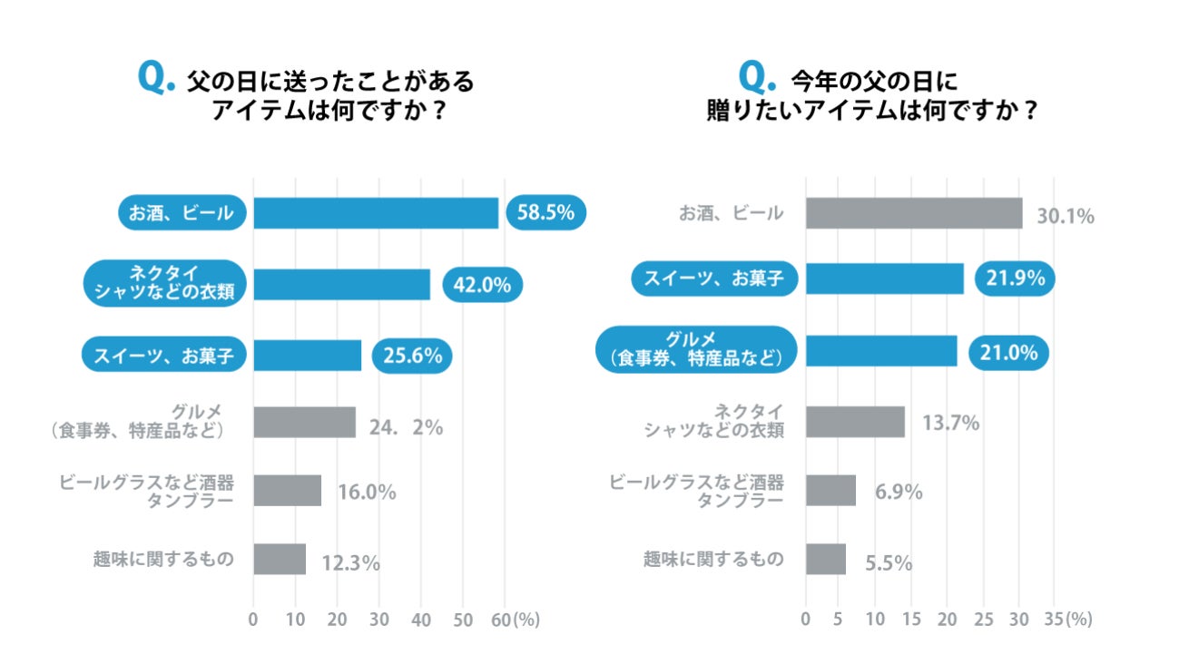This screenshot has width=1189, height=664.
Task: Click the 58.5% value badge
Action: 545,213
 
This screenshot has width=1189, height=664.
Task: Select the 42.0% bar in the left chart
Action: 341,284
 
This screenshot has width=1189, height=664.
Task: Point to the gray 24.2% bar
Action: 304,422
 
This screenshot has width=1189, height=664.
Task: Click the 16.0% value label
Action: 367,493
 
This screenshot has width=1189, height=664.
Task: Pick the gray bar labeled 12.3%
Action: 280,559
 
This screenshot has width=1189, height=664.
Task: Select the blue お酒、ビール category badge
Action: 182,213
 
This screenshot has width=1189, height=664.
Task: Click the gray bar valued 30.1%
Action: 914,213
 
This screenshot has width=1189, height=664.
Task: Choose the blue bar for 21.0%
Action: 881,351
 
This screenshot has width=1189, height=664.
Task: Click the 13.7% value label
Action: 950,423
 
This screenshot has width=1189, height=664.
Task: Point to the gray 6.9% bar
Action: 830,491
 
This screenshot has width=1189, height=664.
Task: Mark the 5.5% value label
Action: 889,563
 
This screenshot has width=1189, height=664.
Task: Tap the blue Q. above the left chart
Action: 155,79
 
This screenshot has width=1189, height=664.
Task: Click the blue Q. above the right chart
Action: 759,79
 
